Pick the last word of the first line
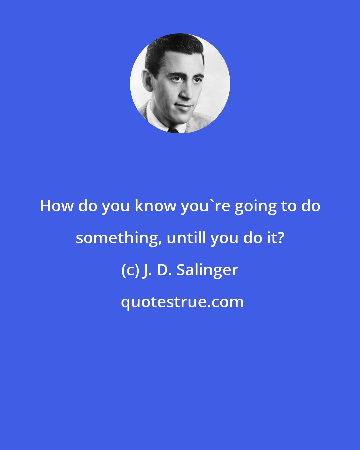click(311, 206)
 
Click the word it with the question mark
click(277, 238)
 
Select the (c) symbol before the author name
click(129, 270)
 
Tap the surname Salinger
click(207, 270)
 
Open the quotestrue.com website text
click(182, 302)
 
